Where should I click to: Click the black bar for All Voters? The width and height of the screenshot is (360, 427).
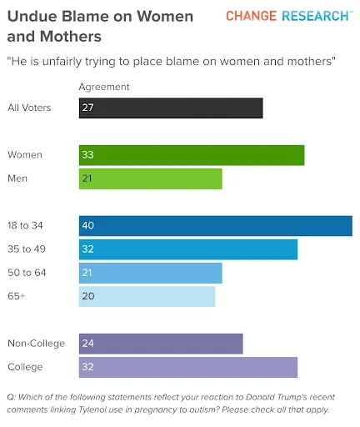click(171, 108)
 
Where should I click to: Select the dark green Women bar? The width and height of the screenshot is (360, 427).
click(192, 155)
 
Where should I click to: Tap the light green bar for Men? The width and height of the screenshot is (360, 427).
click(151, 178)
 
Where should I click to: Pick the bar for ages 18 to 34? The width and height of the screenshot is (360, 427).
click(216, 226)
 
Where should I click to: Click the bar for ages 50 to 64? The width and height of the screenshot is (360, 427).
click(151, 273)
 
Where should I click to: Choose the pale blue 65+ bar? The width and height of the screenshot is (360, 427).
click(147, 297)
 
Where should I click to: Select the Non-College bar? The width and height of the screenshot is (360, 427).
click(161, 344)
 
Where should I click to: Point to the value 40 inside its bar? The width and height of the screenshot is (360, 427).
click(88, 225)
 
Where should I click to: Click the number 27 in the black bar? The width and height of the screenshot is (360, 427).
click(87, 108)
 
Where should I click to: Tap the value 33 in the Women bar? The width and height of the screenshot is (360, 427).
click(87, 155)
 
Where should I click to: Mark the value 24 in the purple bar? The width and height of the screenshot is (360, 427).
click(87, 344)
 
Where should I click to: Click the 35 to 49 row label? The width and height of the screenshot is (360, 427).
click(27, 249)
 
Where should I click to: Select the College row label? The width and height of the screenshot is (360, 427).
click(25, 367)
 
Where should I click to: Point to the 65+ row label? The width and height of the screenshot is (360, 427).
click(17, 296)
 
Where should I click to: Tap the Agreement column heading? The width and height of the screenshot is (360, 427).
click(104, 88)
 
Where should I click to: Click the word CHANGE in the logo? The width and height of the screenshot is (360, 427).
click(251, 16)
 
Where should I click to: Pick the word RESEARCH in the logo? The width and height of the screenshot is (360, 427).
click(315, 16)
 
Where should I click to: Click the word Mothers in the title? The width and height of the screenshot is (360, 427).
click(71, 37)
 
